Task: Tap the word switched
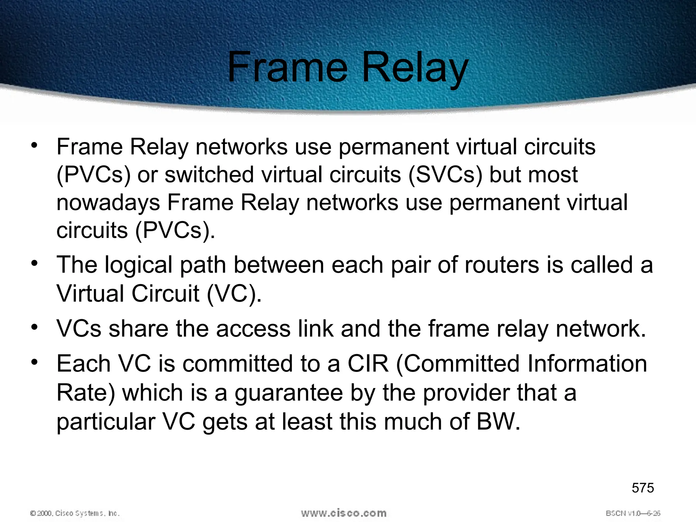(x=209, y=175)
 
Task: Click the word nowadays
(x=108, y=203)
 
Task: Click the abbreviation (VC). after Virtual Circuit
(x=234, y=294)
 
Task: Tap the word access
(x=253, y=329)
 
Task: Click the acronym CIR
(x=368, y=364)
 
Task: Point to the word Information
(x=587, y=364)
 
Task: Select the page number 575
(x=643, y=488)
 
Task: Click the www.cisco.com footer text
(x=344, y=513)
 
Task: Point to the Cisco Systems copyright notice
(x=75, y=513)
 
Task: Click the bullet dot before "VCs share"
(x=34, y=327)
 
